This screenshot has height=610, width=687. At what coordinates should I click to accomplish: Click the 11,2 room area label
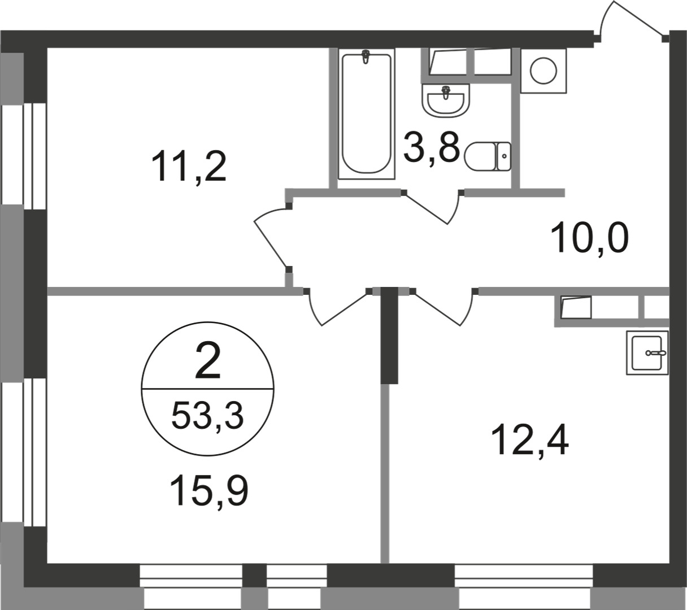pos(189,167)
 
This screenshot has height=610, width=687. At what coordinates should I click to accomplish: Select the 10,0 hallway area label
pos(590,238)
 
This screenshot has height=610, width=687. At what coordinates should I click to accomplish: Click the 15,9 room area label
pos(209,491)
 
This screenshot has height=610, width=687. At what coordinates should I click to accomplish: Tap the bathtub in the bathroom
pos(367,114)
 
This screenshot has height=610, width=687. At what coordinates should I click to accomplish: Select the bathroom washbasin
pos(446,101)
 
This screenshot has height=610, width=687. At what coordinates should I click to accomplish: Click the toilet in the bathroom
pos(487,156)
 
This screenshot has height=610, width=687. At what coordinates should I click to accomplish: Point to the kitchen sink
pos(647,352)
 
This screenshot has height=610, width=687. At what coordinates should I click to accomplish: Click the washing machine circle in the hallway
pos(543,71)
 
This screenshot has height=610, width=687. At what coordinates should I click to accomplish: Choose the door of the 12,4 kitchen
pos(442,308)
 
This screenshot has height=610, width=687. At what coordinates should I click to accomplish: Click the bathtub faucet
pos(366,56)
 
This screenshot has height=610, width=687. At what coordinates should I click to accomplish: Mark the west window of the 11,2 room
pos(24,156)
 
